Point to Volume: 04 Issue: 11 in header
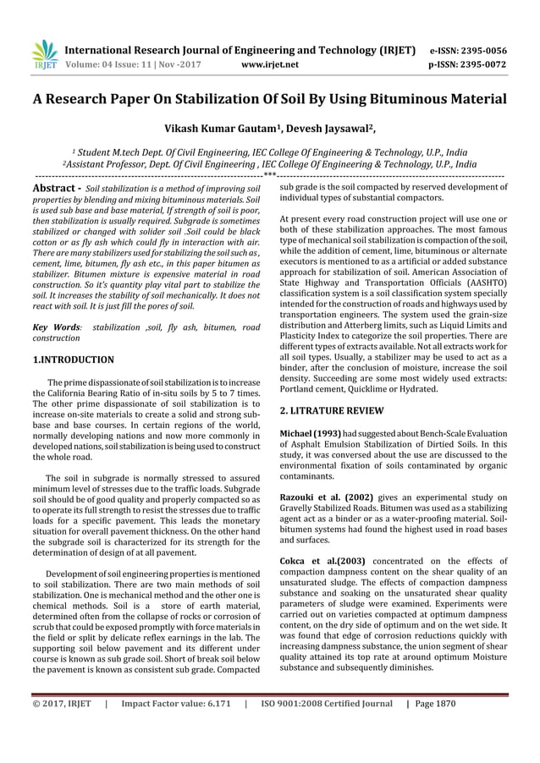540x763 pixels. click(124, 63)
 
